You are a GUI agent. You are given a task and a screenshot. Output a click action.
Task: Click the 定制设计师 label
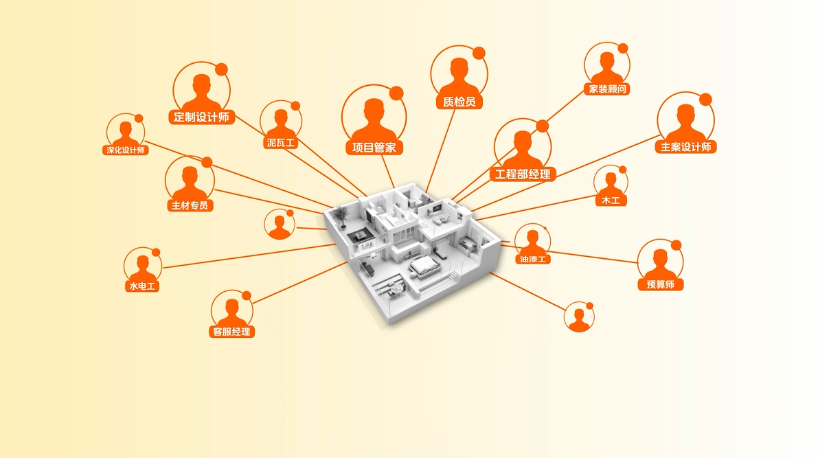[201, 117]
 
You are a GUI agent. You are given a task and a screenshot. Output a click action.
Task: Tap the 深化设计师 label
[126, 150]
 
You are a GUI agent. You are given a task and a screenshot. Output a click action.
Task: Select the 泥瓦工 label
[281, 142]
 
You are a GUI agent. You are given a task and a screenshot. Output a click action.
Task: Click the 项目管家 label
[374, 148]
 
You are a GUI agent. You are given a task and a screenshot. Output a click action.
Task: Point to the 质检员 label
[459, 102]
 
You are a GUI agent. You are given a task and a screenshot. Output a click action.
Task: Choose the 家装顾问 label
[607, 89]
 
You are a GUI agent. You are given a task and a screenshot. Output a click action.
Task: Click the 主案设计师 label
[685, 147]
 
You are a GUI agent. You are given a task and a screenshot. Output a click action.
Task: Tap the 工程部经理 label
[522, 174]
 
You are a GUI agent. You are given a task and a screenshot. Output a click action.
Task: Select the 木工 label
[611, 201]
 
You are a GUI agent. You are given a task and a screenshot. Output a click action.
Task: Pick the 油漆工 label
[533, 259]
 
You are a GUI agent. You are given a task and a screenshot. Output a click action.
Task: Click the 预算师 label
[661, 284]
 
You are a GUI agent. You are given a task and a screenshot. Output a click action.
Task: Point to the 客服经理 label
[231, 332]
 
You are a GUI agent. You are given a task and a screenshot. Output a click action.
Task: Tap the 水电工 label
[142, 286]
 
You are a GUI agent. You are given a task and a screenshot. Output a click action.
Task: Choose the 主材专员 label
[190, 205]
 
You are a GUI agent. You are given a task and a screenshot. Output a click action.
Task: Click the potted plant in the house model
[342, 217]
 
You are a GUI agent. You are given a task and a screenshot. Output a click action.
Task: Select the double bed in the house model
[424, 266]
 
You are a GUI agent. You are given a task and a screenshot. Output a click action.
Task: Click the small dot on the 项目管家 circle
[396, 93]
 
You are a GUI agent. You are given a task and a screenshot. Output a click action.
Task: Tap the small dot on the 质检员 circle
[479, 53]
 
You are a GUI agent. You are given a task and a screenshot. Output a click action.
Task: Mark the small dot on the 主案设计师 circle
[705, 99]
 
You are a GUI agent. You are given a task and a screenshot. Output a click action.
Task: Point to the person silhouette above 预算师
[661, 264]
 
